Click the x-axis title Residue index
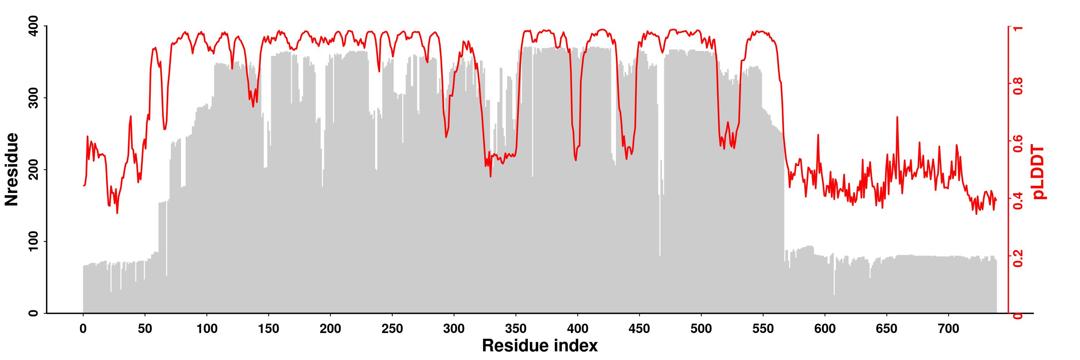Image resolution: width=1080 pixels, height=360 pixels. [x=540, y=346]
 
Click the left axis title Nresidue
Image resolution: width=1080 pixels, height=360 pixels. [x=12, y=169]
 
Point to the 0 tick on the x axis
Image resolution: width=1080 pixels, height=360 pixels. [x=83, y=329]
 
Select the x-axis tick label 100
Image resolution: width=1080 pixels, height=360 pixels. [x=207, y=329]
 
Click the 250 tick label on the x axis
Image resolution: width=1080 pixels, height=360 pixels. [x=392, y=329]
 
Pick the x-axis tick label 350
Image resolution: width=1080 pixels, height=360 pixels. [x=516, y=329]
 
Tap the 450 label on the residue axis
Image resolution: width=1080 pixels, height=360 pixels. [x=639, y=329]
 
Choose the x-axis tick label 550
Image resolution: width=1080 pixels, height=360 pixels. [x=763, y=329]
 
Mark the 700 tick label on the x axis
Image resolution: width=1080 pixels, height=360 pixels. [x=948, y=329]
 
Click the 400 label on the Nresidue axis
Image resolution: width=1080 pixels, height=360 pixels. [x=34, y=26]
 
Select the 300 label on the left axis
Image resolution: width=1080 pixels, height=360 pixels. [x=34, y=98]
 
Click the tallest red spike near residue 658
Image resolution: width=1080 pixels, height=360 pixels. [x=897, y=117]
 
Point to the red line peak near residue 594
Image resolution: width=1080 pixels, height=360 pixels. [x=818, y=135]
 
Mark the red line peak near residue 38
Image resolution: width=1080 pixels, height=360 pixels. [x=131, y=117]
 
